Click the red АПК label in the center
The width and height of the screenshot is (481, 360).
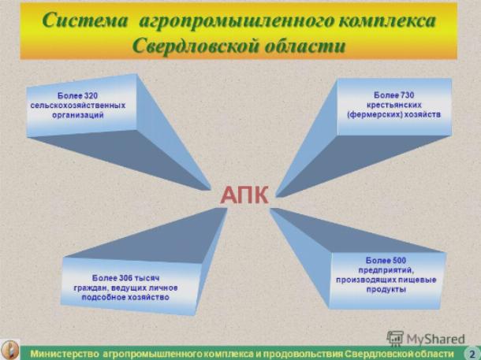click(x=244, y=195)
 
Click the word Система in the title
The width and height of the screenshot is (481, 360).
click(x=84, y=21)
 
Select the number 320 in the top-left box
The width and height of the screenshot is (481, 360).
click(x=91, y=95)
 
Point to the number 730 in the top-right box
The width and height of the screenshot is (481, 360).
click(x=407, y=95)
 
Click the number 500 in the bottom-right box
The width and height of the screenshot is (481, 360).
click(x=399, y=261)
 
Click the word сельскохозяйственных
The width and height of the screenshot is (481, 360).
click(x=78, y=106)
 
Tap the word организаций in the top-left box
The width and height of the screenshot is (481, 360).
click(x=78, y=115)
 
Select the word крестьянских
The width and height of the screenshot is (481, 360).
click(x=394, y=105)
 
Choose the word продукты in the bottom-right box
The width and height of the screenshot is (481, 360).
click(x=386, y=290)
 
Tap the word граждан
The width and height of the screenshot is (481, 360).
click(x=91, y=288)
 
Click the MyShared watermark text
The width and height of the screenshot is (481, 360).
click(x=435, y=339)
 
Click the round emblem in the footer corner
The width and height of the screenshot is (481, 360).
click(x=10, y=351)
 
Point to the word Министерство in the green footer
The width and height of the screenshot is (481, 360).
click(x=65, y=354)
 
